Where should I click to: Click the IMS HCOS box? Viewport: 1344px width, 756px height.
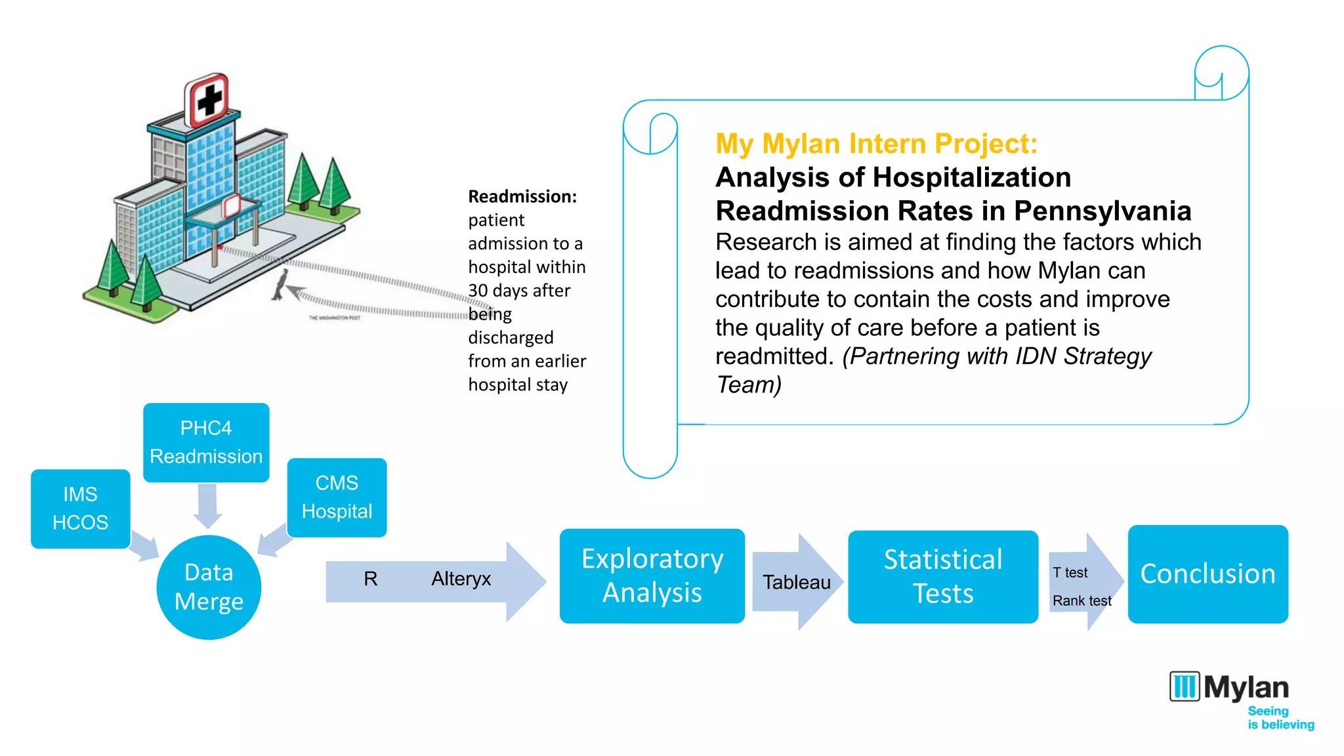(80, 509)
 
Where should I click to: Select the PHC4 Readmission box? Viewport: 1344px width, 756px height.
(206, 442)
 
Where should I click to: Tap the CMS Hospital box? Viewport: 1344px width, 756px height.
(337, 497)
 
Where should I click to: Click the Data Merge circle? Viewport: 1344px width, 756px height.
(209, 587)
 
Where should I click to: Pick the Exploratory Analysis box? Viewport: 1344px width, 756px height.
(652, 576)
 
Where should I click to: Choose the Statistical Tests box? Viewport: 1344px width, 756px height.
(942, 577)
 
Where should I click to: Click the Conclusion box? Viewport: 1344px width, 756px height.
(1207, 574)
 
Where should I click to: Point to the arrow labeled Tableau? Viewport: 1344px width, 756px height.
(797, 582)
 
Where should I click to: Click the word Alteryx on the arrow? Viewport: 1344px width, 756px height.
(461, 579)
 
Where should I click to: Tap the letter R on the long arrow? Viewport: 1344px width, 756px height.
(371, 579)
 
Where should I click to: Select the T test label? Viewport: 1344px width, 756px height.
(1070, 573)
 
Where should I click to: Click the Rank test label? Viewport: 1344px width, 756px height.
(1081, 601)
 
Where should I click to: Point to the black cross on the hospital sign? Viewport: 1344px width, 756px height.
(210, 101)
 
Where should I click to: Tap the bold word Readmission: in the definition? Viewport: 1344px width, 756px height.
(522, 197)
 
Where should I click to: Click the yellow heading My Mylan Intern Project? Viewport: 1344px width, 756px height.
(876, 144)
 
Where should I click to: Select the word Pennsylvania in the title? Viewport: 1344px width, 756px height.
(1102, 211)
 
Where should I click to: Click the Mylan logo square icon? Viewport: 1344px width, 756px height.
(1185, 686)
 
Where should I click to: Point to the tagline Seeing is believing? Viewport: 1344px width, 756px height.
(1280, 718)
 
